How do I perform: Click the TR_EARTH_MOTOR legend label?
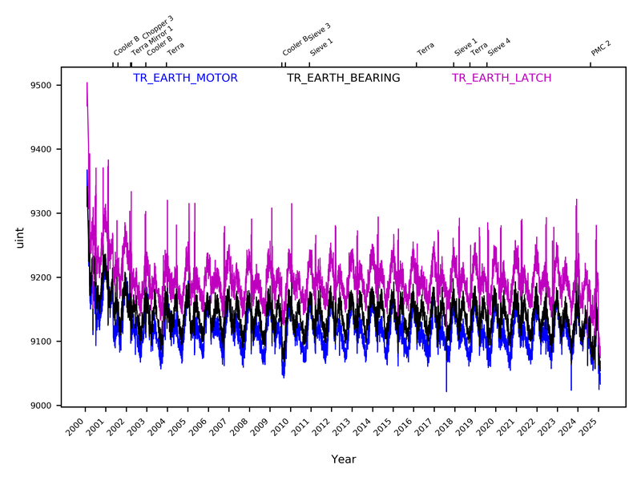pyautogui.click(x=185, y=78)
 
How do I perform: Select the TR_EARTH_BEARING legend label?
pyautogui.click(x=344, y=78)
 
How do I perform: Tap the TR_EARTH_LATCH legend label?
pyautogui.click(x=502, y=78)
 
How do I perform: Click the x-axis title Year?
pyautogui.click(x=344, y=459)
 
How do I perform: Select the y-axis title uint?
pyautogui.click(x=19, y=238)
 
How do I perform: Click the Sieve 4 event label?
pyautogui.click(x=499, y=46)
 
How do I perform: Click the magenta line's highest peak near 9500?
pyautogui.click(x=87, y=83)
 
